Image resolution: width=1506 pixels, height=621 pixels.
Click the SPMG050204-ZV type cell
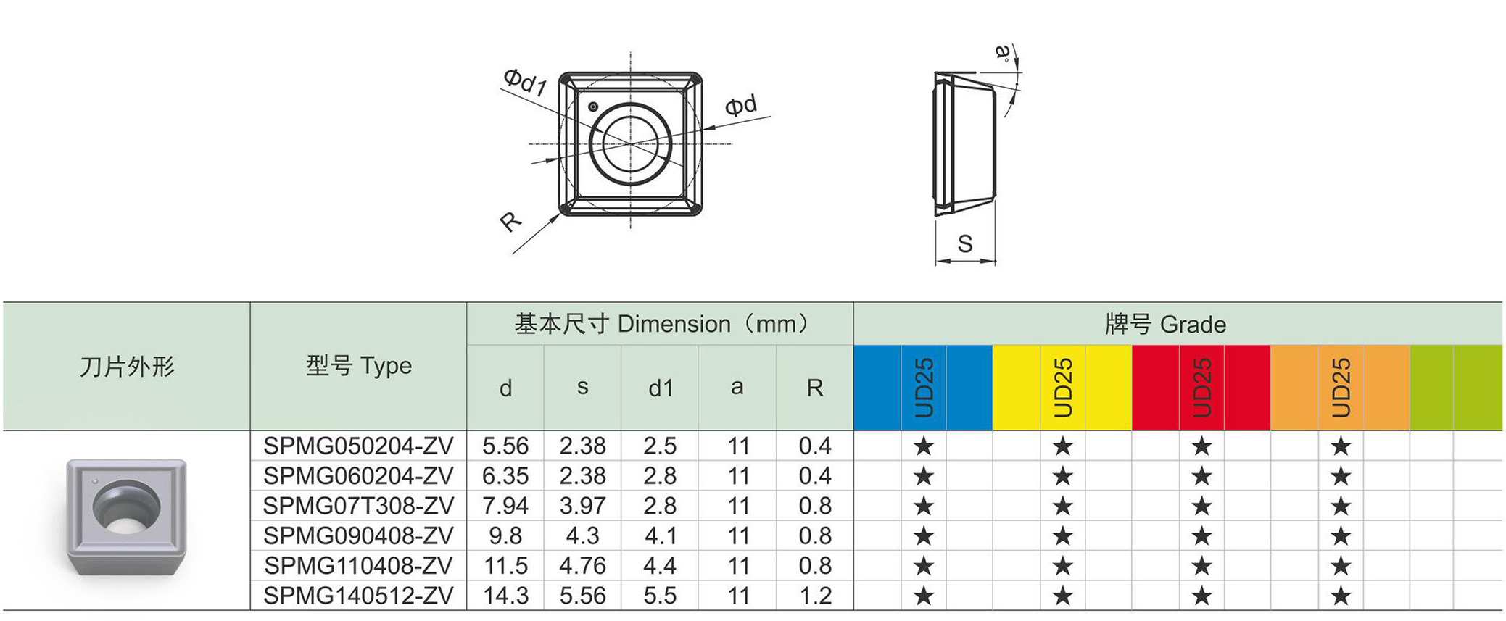[358, 446]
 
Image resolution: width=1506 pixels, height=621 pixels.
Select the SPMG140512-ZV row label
[358, 596]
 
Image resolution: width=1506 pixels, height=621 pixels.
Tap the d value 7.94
[505, 506]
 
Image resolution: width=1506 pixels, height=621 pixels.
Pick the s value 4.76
[582, 565]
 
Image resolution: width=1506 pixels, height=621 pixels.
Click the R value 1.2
[815, 596]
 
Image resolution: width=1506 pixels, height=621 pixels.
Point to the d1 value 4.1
[660, 535]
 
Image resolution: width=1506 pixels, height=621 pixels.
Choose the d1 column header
[661, 388]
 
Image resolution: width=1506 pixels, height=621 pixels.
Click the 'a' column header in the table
[737, 388]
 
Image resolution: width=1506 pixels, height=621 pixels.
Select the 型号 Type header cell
[358, 366]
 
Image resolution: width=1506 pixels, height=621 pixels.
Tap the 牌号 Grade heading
[1165, 324]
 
